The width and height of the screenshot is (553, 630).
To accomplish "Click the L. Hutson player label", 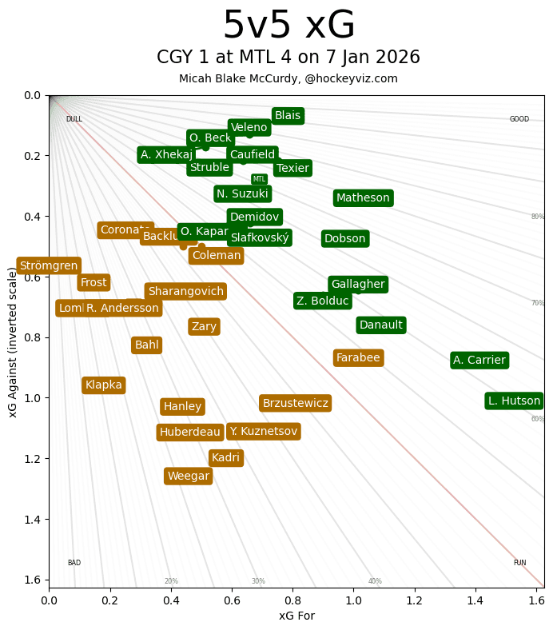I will [x=514, y=401].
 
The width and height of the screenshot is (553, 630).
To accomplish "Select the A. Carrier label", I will [x=479, y=360].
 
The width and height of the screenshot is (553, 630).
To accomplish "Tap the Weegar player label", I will [x=188, y=476].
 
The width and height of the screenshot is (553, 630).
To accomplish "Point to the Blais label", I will [x=288, y=116].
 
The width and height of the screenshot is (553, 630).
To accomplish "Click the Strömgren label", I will [x=49, y=265].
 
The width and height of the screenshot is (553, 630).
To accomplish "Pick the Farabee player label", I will [x=358, y=357].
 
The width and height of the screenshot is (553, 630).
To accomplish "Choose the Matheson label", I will [x=363, y=197].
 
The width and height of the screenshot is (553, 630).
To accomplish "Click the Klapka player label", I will [x=104, y=385].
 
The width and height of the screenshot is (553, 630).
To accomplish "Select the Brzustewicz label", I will [x=295, y=403].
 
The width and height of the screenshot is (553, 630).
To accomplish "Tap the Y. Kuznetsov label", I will [x=263, y=431].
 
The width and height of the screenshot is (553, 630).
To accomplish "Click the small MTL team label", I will [x=259, y=179].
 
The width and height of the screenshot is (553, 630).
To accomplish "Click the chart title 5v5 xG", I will [x=288, y=26].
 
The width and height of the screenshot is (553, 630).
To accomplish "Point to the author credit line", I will [x=288, y=78].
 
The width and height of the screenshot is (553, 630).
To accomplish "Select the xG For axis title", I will [x=296, y=616].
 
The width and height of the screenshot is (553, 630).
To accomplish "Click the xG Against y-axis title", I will [x=13, y=341].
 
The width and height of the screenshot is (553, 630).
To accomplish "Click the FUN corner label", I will [x=519, y=563].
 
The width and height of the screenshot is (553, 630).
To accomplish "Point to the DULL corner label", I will [x=74, y=119].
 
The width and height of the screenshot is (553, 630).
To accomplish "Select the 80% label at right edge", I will [x=537, y=217].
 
